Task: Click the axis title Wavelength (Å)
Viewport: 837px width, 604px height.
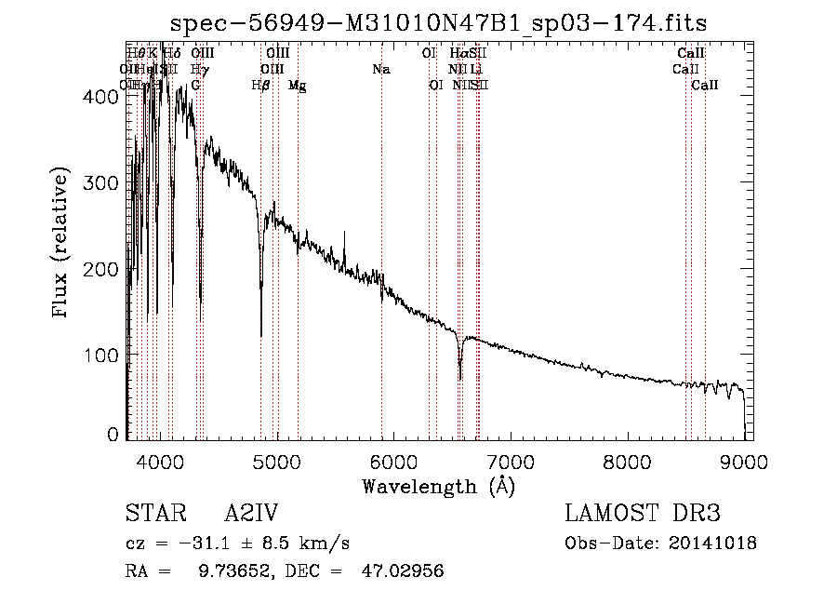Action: click(x=438, y=485)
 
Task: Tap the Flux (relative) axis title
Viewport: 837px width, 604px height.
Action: click(x=62, y=244)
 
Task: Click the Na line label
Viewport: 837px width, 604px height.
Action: click(x=380, y=69)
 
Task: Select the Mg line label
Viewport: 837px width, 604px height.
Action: click(x=298, y=85)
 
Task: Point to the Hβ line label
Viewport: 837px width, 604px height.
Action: click(x=261, y=85)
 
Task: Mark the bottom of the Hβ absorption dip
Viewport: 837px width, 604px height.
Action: click(x=260, y=335)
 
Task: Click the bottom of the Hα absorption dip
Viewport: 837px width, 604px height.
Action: click(x=460, y=378)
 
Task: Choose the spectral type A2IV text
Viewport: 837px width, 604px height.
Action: click(x=250, y=514)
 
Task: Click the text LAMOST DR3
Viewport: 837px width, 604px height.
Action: click(x=643, y=514)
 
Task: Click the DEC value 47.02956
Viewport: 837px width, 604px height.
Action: click(x=402, y=571)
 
